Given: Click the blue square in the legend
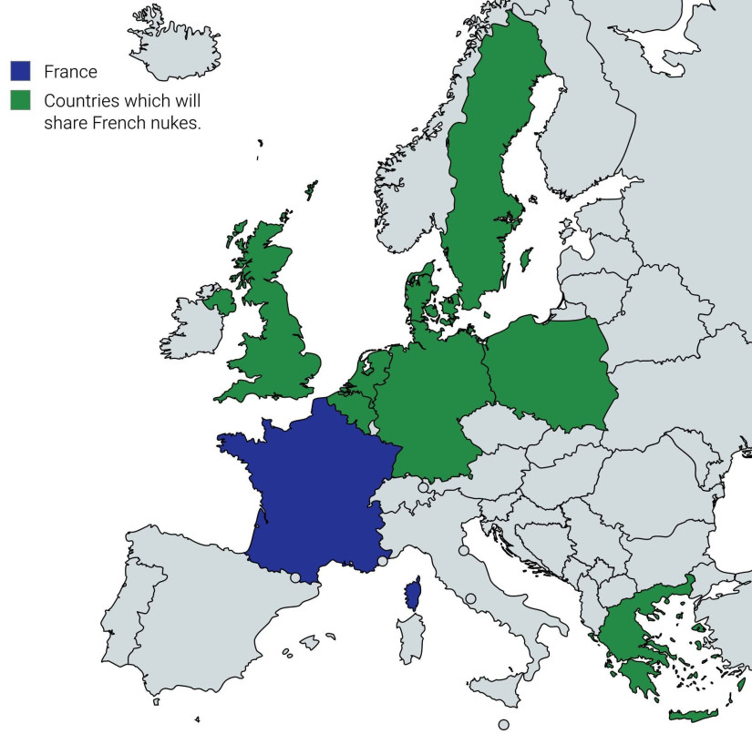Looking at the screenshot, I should [x=21, y=71].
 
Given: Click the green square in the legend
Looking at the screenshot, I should [x=21, y=98].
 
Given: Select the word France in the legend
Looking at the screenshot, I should [x=70, y=71].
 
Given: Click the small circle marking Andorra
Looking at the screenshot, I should [x=294, y=577].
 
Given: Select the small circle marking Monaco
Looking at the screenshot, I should [x=382, y=561].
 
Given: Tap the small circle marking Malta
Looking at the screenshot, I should [x=503, y=725].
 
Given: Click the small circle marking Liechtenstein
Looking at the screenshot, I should [x=423, y=488].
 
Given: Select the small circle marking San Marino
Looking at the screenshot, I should [x=464, y=551].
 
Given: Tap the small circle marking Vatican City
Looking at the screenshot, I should [x=470, y=598].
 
